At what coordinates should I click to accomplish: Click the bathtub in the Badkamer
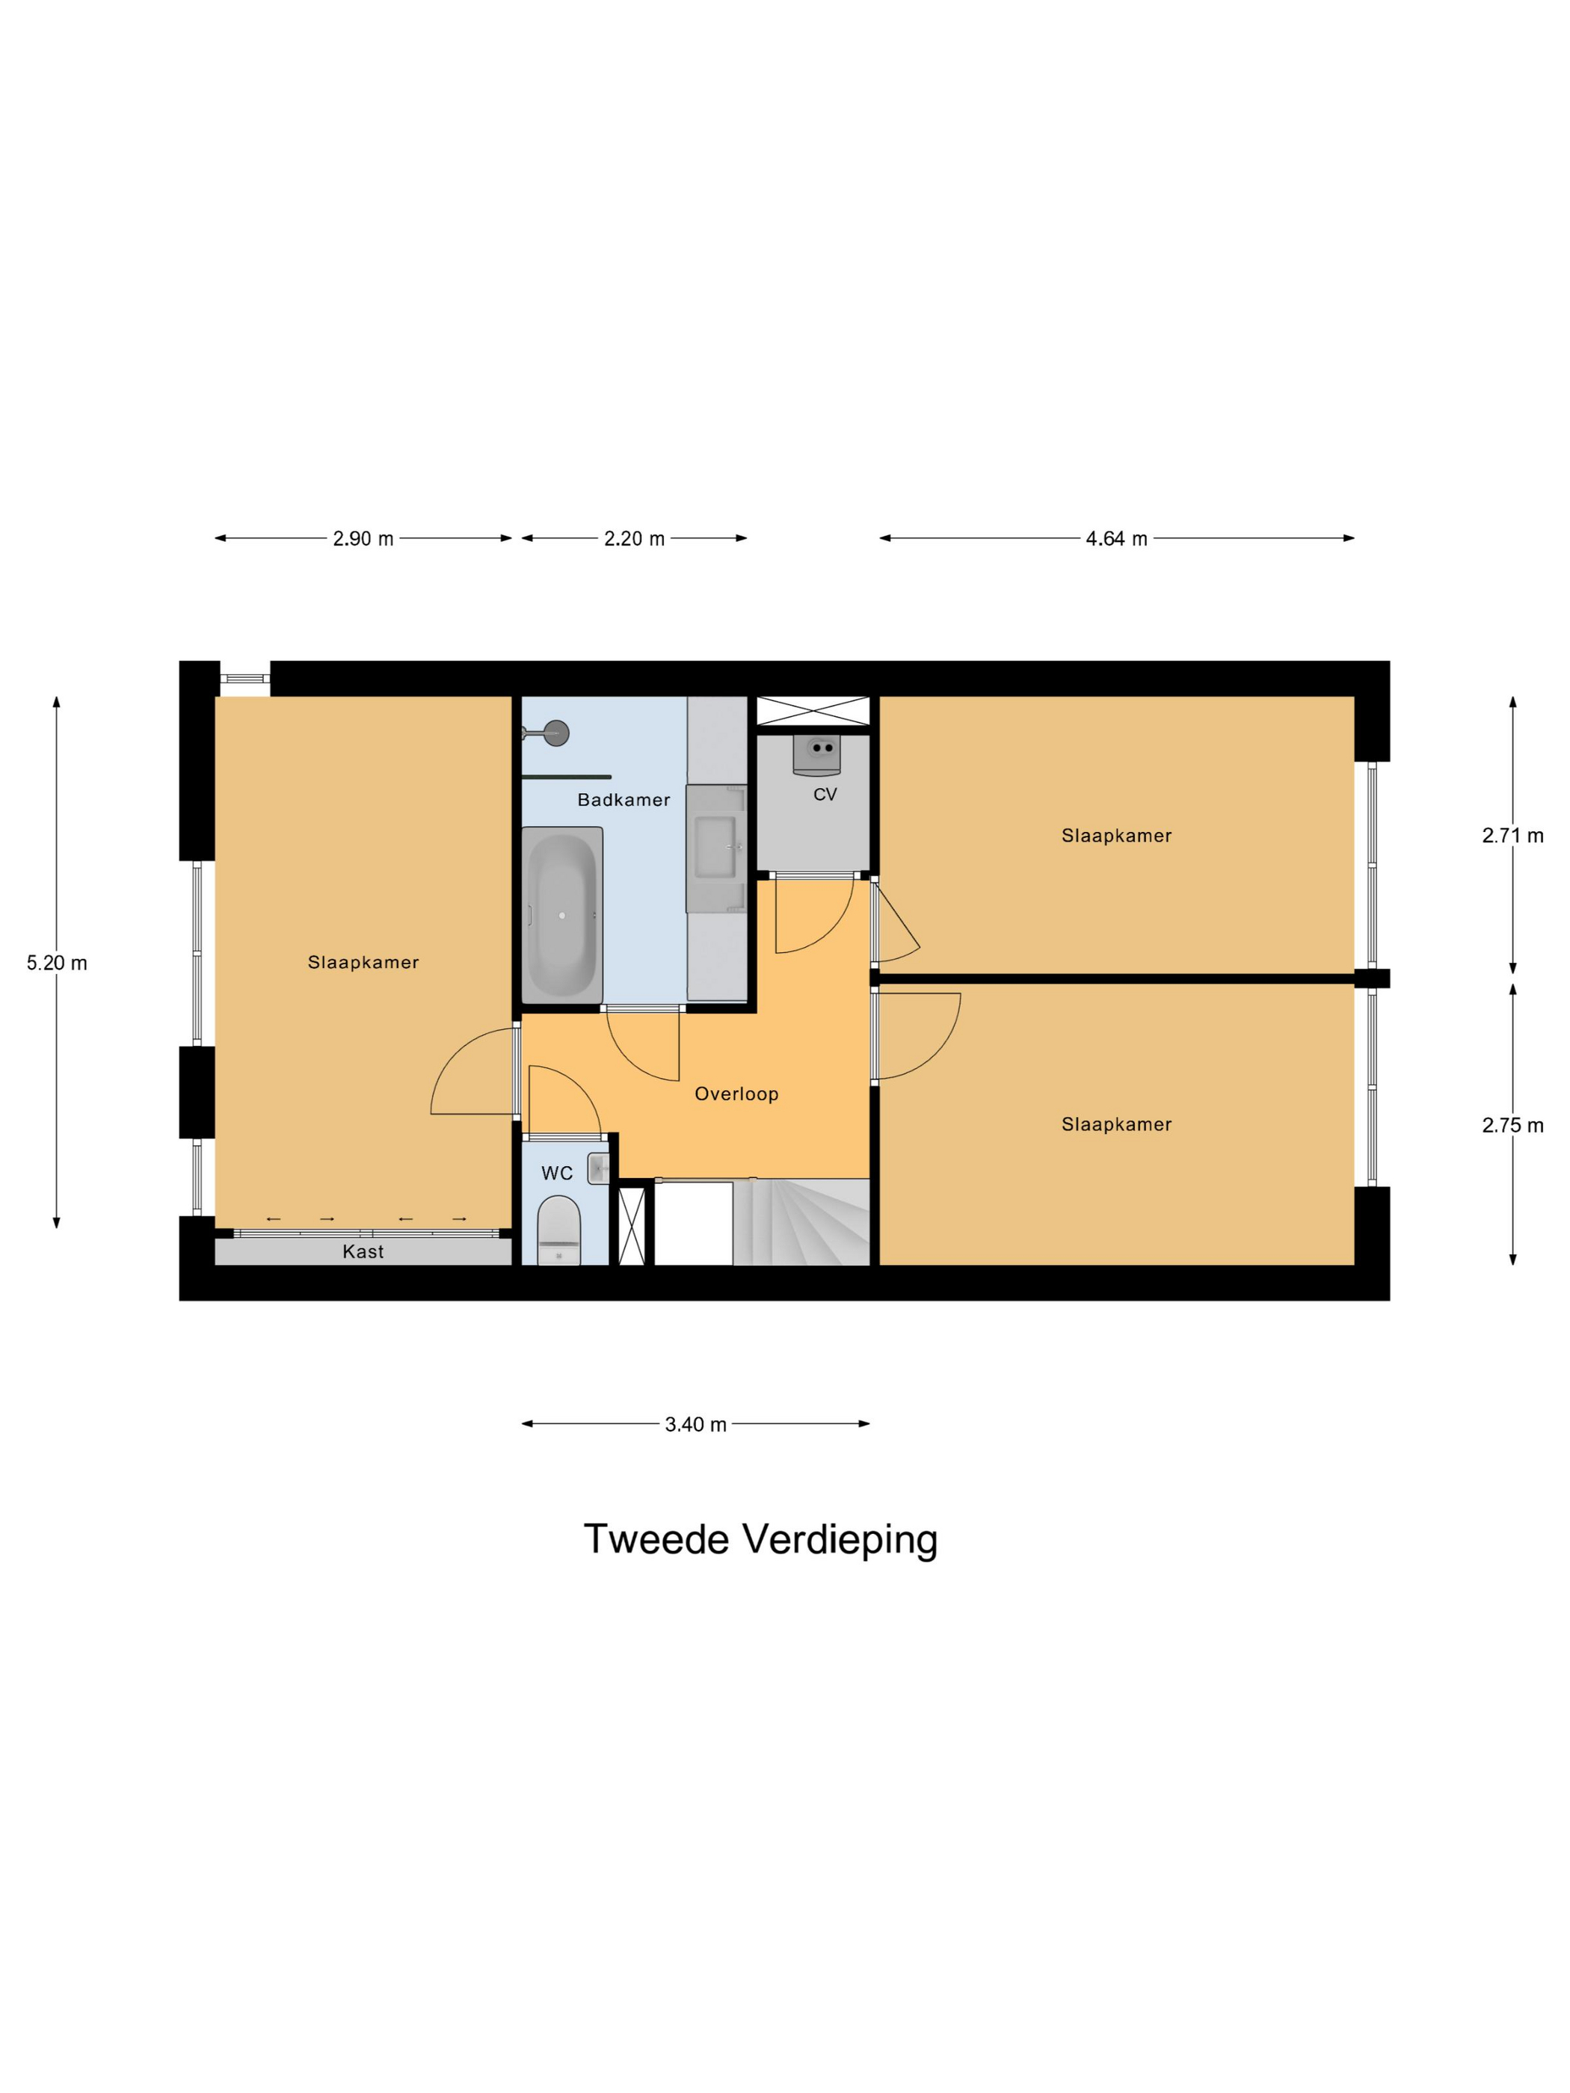pyautogui.click(x=562, y=915)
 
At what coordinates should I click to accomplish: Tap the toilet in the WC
pyautogui.click(x=558, y=1230)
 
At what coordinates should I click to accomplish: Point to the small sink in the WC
pyautogui.click(x=598, y=1168)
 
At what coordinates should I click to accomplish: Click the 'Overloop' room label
pyautogui.click(x=736, y=1094)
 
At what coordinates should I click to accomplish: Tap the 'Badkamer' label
pyautogui.click(x=624, y=800)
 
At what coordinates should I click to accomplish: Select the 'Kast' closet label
pyautogui.click(x=363, y=1252)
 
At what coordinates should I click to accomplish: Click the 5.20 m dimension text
pyautogui.click(x=57, y=964)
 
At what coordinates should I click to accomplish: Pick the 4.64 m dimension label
pyautogui.click(x=1115, y=538)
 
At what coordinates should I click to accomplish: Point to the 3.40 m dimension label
pyautogui.click(x=695, y=1424)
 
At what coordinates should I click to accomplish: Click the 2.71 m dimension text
pyautogui.click(x=1512, y=836)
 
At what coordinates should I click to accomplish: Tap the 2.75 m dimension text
pyautogui.click(x=1512, y=1125)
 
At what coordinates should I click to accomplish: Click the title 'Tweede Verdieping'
pyautogui.click(x=760, y=1539)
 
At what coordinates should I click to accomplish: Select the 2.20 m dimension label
pyautogui.click(x=634, y=538)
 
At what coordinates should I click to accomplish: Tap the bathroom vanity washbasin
pyautogui.click(x=715, y=847)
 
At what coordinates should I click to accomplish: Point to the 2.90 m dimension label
pyautogui.click(x=363, y=538)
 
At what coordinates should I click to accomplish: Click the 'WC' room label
pyautogui.click(x=556, y=1174)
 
